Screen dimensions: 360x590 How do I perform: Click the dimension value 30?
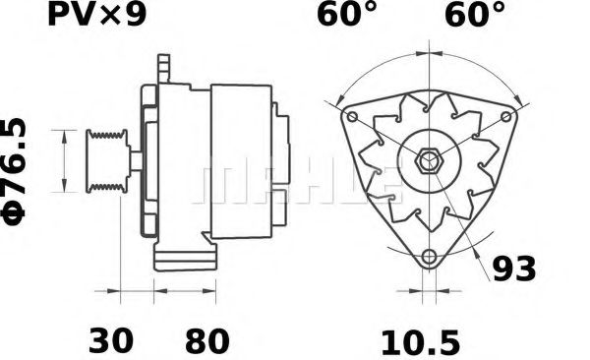pyautogui.click(x=110, y=341)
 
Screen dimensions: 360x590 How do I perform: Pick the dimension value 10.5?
pyautogui.click(x=420, y=341)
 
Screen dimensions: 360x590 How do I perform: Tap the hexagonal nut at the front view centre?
pyautogui.click(x=428, y=160)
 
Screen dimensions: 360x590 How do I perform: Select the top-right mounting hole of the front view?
pyautogui.click(x=507, y=116)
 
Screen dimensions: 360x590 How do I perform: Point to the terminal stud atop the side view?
pyautogui.click(x=164, y=69)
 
